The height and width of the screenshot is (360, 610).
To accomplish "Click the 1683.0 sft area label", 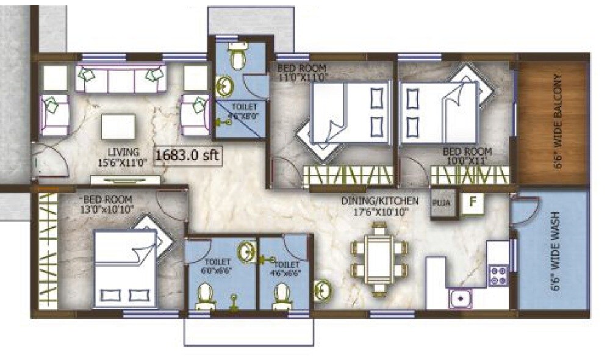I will [x=186, y=155].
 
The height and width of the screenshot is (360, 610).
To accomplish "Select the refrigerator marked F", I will [x=472, y=203].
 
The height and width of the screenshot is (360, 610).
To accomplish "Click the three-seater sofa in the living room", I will [x=121, y=79].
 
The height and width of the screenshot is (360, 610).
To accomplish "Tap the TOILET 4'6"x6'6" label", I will [x=286, y=268].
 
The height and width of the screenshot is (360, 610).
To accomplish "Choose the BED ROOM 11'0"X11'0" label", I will [x=303, y=72].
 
